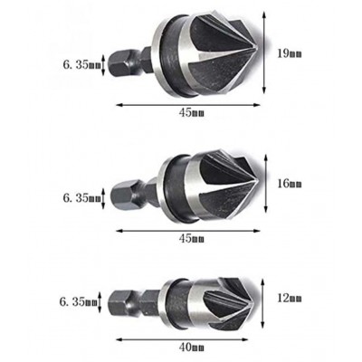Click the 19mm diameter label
290,53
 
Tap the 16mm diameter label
290,184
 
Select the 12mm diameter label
290,299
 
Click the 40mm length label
192,348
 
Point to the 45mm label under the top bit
192,113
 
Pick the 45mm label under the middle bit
192,239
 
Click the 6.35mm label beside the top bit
81,65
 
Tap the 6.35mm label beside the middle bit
81,198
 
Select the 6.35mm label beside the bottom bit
78,302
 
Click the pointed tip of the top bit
257,50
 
